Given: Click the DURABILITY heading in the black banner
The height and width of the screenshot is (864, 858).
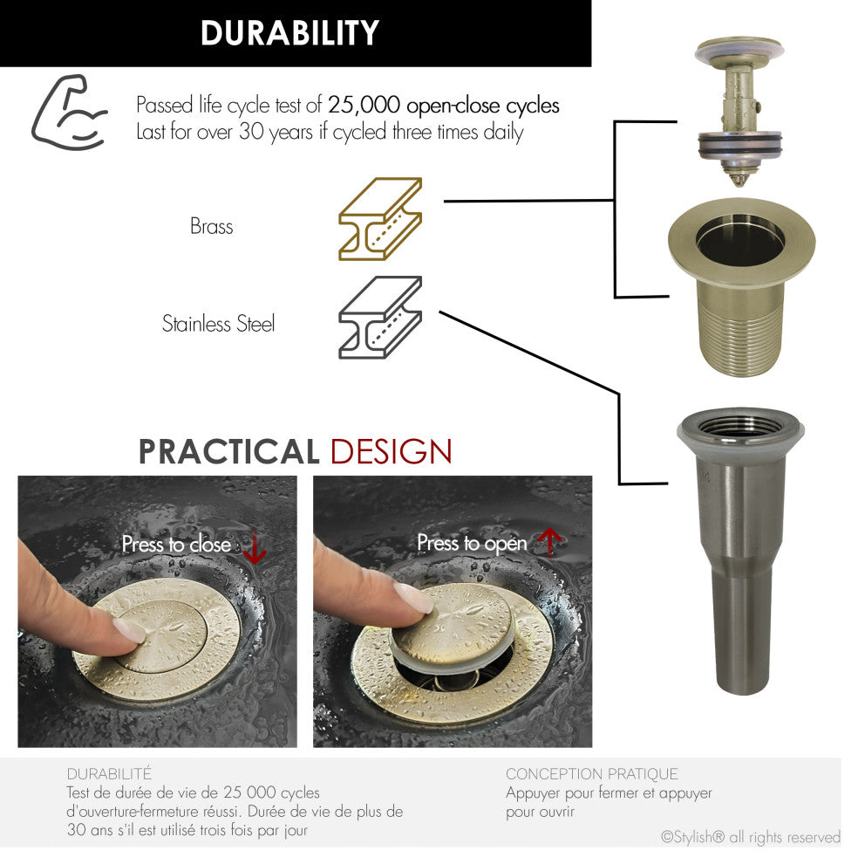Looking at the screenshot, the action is (289, 32).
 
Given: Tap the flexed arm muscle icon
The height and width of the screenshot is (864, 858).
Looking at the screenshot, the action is (69, 113).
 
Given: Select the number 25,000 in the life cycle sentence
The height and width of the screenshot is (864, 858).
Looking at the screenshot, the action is (364, 105).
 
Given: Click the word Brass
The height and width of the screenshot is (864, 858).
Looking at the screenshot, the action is (212, 226).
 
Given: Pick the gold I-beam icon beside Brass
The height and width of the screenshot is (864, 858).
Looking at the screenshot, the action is (380, 219).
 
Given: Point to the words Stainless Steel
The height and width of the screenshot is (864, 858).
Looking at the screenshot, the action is (218, 324).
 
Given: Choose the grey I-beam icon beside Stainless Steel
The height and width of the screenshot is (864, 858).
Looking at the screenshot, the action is (380, 318).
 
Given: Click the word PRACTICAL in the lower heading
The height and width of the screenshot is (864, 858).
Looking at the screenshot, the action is (228, 452).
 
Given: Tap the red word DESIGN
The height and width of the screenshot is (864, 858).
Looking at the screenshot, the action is (391, 452).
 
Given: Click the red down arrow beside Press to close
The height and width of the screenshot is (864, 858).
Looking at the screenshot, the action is (255, 546).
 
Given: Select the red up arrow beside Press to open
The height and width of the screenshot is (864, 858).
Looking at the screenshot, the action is (549, 542).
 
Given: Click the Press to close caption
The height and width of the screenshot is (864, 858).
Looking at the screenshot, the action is (176, 545).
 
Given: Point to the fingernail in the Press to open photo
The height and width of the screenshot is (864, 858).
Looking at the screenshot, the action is (413, 598).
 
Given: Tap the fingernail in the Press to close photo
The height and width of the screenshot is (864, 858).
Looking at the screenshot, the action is (129, 630).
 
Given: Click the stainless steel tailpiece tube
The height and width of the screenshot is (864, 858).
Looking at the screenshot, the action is (739, 551).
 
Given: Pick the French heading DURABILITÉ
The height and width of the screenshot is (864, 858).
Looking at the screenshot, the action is (109, 773).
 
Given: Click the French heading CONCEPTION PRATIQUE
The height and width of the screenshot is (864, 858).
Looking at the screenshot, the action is (592, 773).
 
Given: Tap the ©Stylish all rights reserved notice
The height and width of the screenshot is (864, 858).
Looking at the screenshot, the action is (751, 838).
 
